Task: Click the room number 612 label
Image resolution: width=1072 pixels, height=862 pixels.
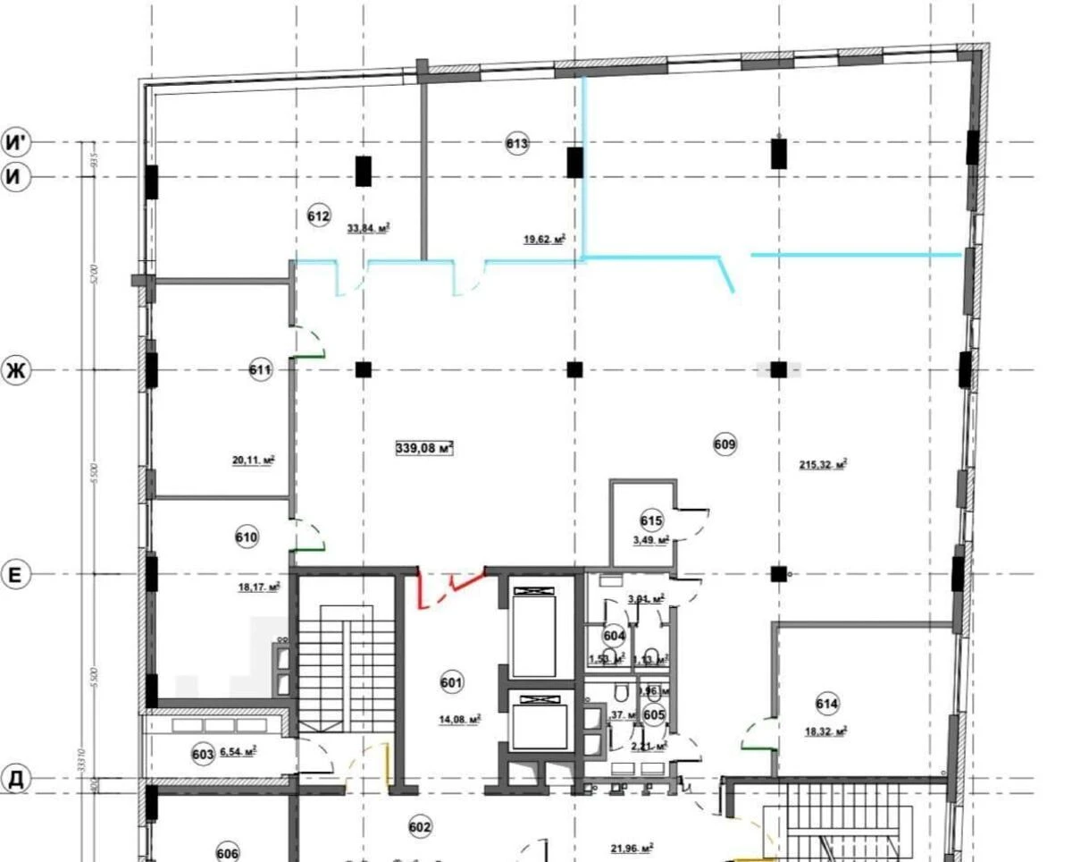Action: click(319, 215)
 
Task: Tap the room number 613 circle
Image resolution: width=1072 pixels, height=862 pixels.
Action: click(517, 143)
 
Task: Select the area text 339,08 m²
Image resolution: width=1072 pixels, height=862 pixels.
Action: click(424, 448)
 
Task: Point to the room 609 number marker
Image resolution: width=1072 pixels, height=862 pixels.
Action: click(725, 443)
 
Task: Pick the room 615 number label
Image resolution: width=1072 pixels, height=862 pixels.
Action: click(651, 520)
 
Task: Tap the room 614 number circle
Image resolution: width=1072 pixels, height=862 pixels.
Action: click(827, 704)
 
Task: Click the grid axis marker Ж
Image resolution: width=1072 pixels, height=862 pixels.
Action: click(15, 370)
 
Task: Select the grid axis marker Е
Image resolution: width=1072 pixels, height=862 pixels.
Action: click(15, 575)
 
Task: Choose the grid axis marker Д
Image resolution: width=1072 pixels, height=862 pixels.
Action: click(15, 779)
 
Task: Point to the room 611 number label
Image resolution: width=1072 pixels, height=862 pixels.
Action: click(260, 369)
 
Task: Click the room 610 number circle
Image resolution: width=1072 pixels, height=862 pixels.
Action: click(247, 537)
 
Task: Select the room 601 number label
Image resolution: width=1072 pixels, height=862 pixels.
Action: click(452, 684)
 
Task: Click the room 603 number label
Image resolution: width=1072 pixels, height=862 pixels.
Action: click(203, 754)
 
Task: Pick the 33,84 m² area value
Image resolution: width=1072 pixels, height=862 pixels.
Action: click(369, 228)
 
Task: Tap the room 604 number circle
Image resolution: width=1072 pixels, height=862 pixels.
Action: click(614, 635)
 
